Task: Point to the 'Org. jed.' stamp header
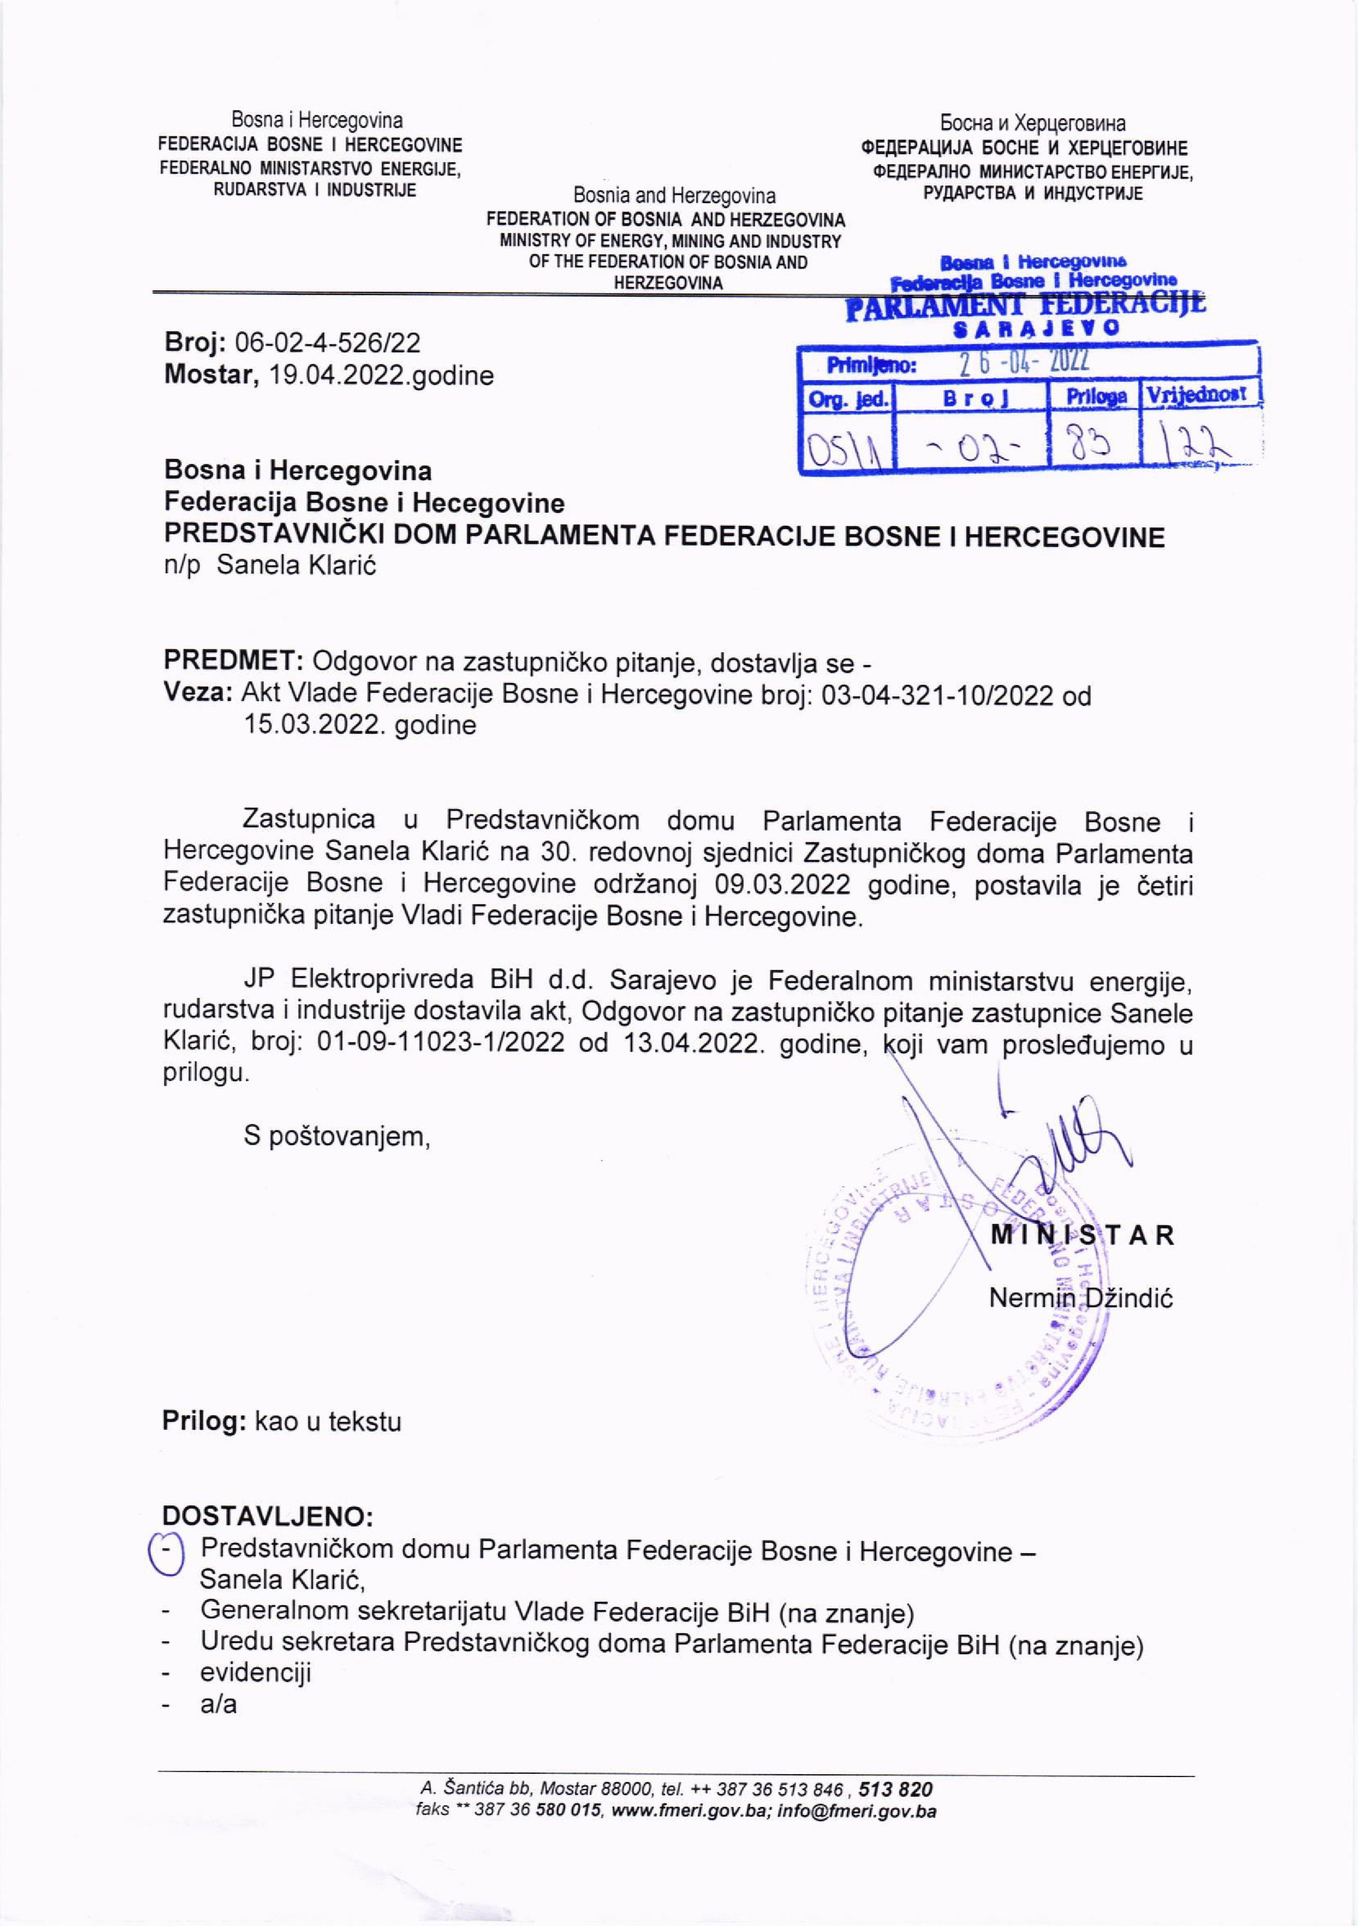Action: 847,399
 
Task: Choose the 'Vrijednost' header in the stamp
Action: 1198,394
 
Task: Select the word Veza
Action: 198,694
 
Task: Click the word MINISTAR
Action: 1082,1235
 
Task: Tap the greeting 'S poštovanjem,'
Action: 336,1137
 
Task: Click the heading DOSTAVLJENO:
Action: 267,1516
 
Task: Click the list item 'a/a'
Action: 218,1704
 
